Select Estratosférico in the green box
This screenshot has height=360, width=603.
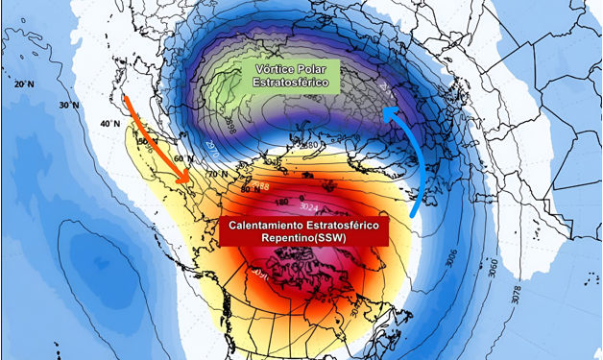tap(292, 84)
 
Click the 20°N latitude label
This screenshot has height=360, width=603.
tap(24, 84)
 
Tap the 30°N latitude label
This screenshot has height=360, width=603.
tap(67, 105)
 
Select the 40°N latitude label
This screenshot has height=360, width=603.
tap(109, 124)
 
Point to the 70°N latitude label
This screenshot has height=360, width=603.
tap(216, 175)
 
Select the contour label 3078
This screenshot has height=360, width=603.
tap(519, 293)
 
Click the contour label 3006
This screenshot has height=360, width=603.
tap(454, 259)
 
